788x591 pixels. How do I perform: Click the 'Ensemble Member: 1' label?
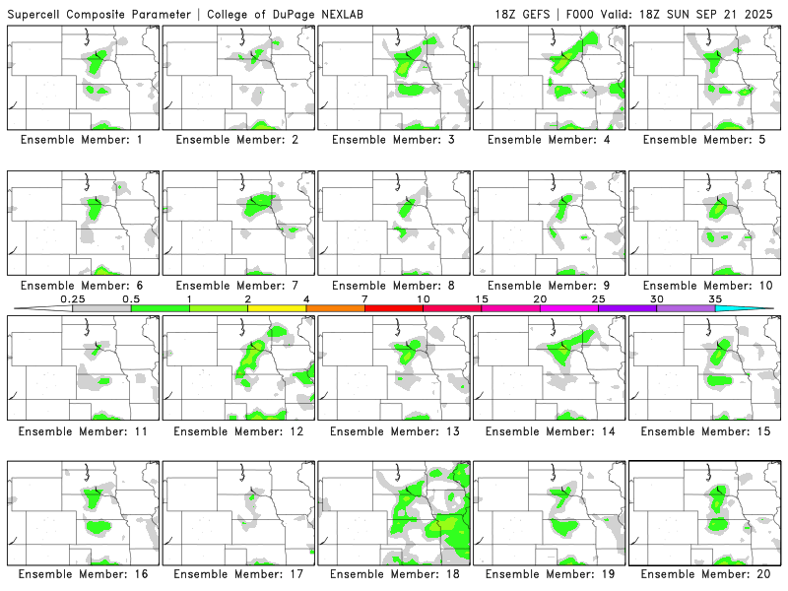pos(82,140)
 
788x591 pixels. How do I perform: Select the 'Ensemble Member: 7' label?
pos(237,286)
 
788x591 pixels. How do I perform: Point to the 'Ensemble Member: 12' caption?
pos(237,431)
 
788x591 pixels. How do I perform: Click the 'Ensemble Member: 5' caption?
pos(704,140)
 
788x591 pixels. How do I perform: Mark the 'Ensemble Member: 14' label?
pos(549,431)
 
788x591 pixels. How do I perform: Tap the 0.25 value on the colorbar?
pos(73,298)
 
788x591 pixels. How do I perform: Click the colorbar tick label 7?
pos(364,298)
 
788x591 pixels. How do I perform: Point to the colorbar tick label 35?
pos(715,298)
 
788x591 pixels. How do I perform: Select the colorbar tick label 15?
pos(482,298)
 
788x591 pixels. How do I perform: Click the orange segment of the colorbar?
pos(335,308)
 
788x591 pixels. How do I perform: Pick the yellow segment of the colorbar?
pos(277,308)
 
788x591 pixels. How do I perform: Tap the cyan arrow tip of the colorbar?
pos(758,308)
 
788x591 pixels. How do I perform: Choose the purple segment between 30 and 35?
pos(686,308)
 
